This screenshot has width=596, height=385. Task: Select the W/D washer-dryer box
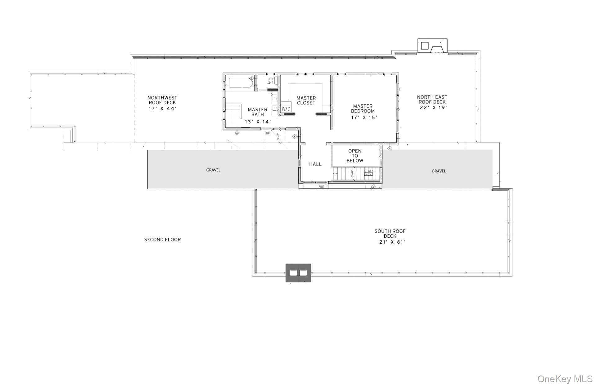[x=286, y=109]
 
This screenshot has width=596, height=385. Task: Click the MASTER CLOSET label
[x=306, y=100]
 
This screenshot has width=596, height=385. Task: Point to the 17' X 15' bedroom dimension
[x=364, y=117]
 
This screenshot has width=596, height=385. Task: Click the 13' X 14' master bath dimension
[x=258, y=122]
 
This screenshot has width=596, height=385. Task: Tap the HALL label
[x=315, y=164]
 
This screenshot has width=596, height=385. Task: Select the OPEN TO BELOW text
[x=355, y=156]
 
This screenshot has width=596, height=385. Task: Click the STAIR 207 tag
[x=368, y=173]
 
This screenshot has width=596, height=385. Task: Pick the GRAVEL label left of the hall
[x=213, y=170]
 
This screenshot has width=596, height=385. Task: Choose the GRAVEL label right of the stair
[x=439, y=171]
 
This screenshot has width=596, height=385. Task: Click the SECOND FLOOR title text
[x=162, y=240]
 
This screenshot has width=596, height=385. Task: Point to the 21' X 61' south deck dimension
[x=392, y=242]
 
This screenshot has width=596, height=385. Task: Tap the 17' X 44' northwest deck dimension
[x=162, y=108]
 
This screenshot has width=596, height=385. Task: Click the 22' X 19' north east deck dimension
[x=432, y=108]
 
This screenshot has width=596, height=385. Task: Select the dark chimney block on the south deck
[x=298, y=273]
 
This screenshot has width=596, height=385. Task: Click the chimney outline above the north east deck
[x=432, y=46]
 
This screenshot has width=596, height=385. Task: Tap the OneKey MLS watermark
[x=565, y=379]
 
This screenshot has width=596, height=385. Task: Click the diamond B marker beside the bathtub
[x=251, y=78]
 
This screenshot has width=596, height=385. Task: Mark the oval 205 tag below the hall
[x=322, y=186]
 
